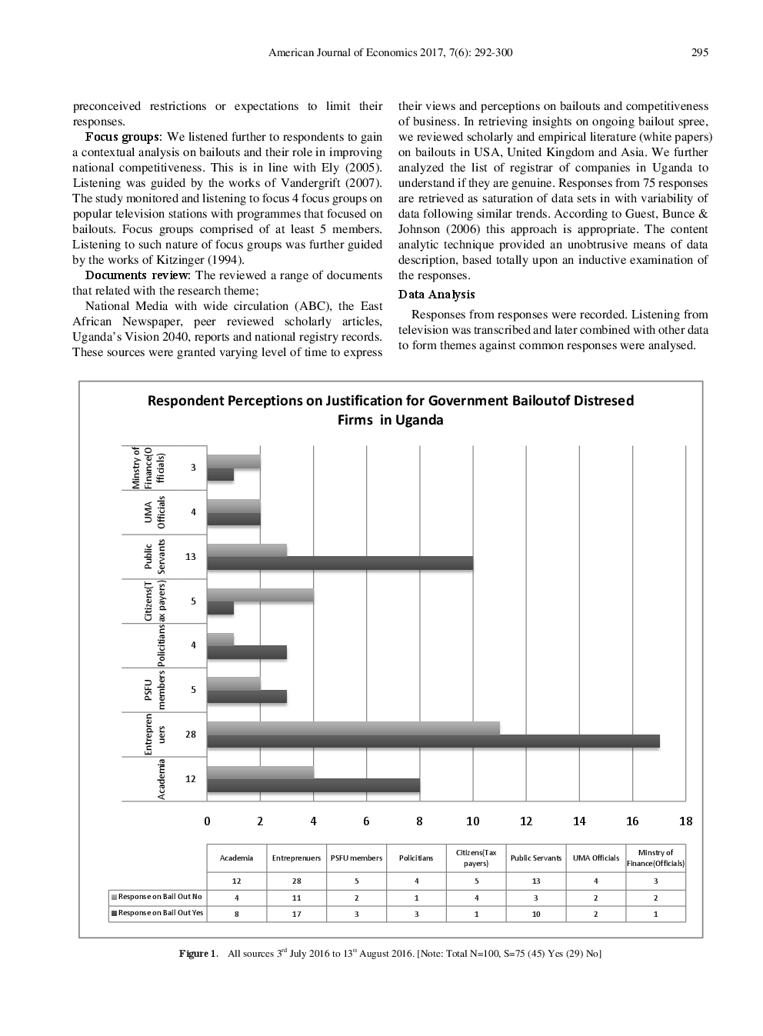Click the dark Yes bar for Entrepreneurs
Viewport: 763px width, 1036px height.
[433, 741]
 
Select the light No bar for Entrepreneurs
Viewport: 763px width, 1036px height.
[353, 728]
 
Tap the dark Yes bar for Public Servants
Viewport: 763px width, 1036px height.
[340, 564]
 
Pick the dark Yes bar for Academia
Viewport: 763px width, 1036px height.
[313, 786]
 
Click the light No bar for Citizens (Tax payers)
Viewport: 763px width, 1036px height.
[260, 595]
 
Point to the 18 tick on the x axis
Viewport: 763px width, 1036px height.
[685, 821]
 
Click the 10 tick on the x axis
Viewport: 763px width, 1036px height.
[472, 821]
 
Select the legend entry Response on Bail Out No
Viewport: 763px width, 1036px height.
[159, 897]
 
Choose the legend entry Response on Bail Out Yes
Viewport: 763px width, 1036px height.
[160, 913]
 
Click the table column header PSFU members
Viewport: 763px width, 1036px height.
[356, 858]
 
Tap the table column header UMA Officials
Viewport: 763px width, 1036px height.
[595, 858]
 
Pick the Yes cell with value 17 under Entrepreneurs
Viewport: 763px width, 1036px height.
[296, 914]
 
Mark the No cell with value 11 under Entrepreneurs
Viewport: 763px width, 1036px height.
[296, 898]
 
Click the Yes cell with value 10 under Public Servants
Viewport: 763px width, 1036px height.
[535, 914]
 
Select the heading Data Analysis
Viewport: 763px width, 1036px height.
[436, 295]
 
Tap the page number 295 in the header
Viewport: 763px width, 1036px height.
[699, 53]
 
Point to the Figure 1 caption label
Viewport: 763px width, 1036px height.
[198, 954]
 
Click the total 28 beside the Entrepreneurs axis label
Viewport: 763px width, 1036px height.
[190, 735]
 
